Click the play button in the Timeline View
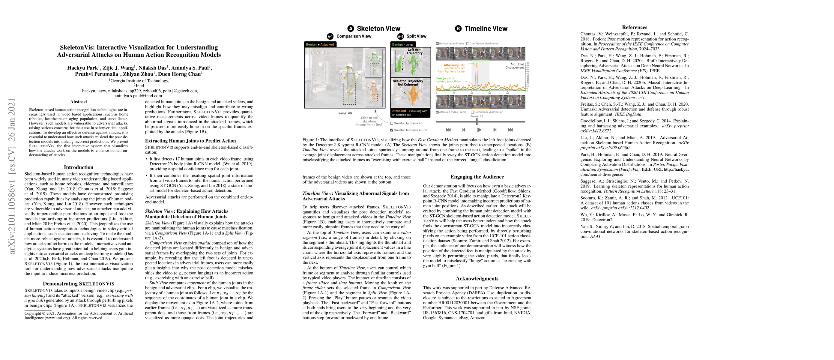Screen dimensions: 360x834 479,130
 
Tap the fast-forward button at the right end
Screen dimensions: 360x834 510,130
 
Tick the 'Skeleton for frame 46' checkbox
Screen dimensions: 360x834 392,123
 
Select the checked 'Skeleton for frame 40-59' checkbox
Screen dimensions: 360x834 392,130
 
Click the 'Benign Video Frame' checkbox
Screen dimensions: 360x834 438,43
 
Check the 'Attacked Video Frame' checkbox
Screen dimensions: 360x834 438,112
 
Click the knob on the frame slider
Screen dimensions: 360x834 477,122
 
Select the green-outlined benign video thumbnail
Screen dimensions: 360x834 480,53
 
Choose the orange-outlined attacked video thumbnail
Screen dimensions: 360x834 480,102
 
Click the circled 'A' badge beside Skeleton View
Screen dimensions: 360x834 351,28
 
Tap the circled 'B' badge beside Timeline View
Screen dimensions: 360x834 458,28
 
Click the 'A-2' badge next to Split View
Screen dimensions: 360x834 400,36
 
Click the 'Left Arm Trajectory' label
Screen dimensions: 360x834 414,52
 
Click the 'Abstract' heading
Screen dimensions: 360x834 78,102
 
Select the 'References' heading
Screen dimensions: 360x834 634,28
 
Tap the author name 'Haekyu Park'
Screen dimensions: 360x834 82,68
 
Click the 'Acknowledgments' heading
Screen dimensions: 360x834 477,278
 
